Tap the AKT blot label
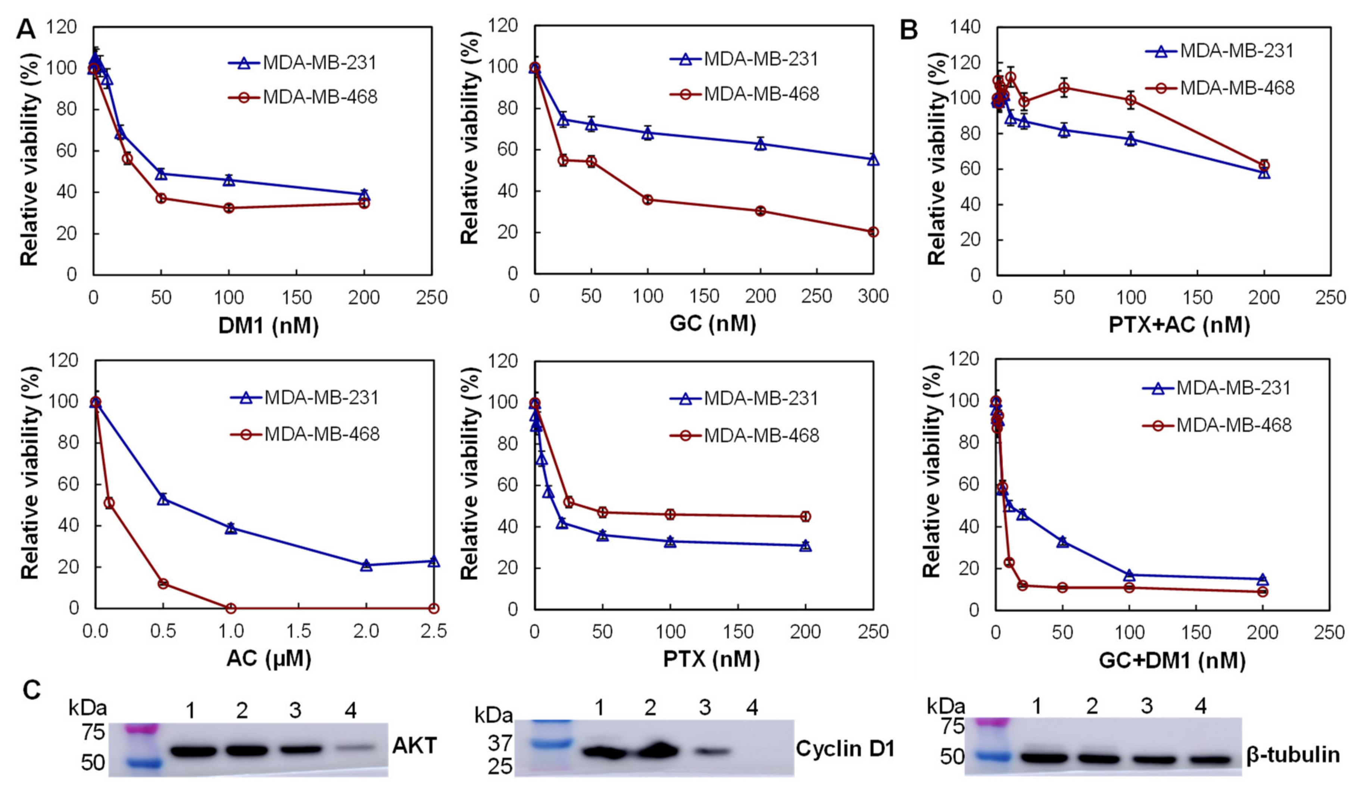(415, 746)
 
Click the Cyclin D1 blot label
(845, 749)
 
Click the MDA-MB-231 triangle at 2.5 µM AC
(433, 561)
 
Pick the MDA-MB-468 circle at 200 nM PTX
(806, 516)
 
